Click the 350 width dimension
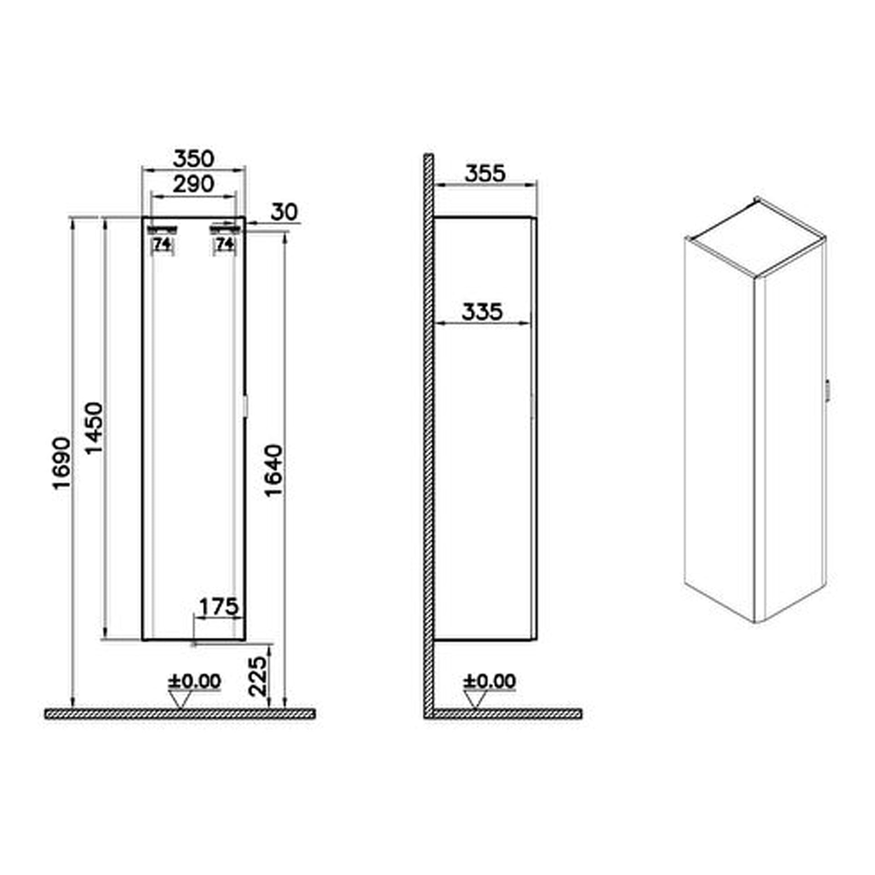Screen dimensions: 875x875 tap(193, 159)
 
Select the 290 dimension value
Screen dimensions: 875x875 tap(193, 185)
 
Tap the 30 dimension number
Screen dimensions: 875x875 tap(284, 212)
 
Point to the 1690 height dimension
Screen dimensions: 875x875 tap(62, 463)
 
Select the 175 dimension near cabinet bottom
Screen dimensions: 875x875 tap(219, 607)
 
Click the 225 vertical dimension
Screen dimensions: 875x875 tap(258, 676)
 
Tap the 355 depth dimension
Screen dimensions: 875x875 tap(485, 174)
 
